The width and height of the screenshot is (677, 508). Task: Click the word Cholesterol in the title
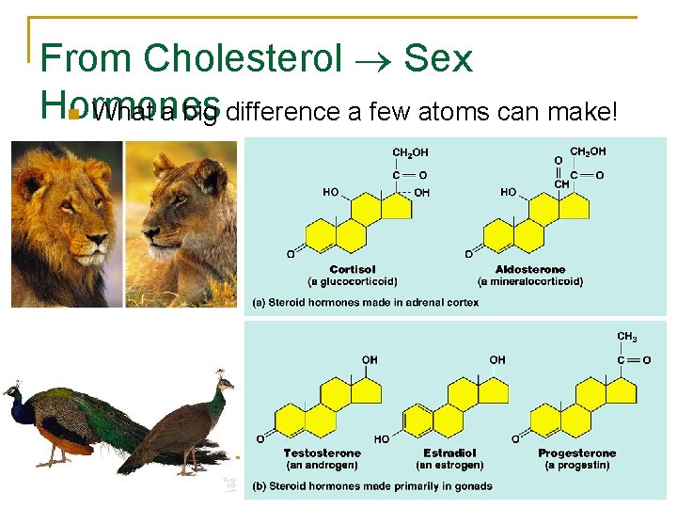click(x=242, y=58)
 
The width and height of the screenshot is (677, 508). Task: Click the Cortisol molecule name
click(x=353, y=270)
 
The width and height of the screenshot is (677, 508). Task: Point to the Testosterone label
click(x=322, y=453)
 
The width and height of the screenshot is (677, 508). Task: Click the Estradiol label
click(x=449, y=453)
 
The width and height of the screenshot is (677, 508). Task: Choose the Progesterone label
click(x=577, y=453)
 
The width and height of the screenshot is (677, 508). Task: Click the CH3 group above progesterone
click(x=627, y=337)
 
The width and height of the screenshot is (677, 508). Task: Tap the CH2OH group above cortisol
click(x=410, y=152)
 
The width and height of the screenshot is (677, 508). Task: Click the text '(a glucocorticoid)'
click(x=353, y=281)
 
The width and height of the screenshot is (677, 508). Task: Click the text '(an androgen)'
click(x=322, y=465)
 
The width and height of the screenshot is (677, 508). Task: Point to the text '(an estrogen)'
click(x=449, y=465)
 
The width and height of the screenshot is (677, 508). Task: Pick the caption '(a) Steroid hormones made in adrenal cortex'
click(x=365, y=303)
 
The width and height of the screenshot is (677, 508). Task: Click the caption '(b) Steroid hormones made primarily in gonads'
click(x=371, y=486)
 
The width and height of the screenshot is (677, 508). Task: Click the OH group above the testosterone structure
click(x=370, y=360)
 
